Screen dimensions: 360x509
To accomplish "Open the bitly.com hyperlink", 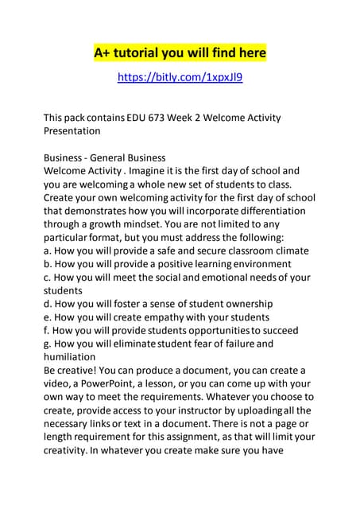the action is pos(180,77).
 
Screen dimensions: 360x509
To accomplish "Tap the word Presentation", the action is pos(72,130).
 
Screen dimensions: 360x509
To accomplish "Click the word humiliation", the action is pos(73,357).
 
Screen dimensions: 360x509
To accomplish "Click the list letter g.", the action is pos(47,344).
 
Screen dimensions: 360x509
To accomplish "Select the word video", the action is pos(58,384).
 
